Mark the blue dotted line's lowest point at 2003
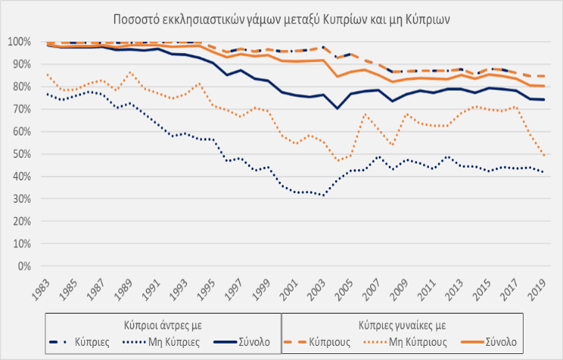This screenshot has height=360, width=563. tap(322, 195)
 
